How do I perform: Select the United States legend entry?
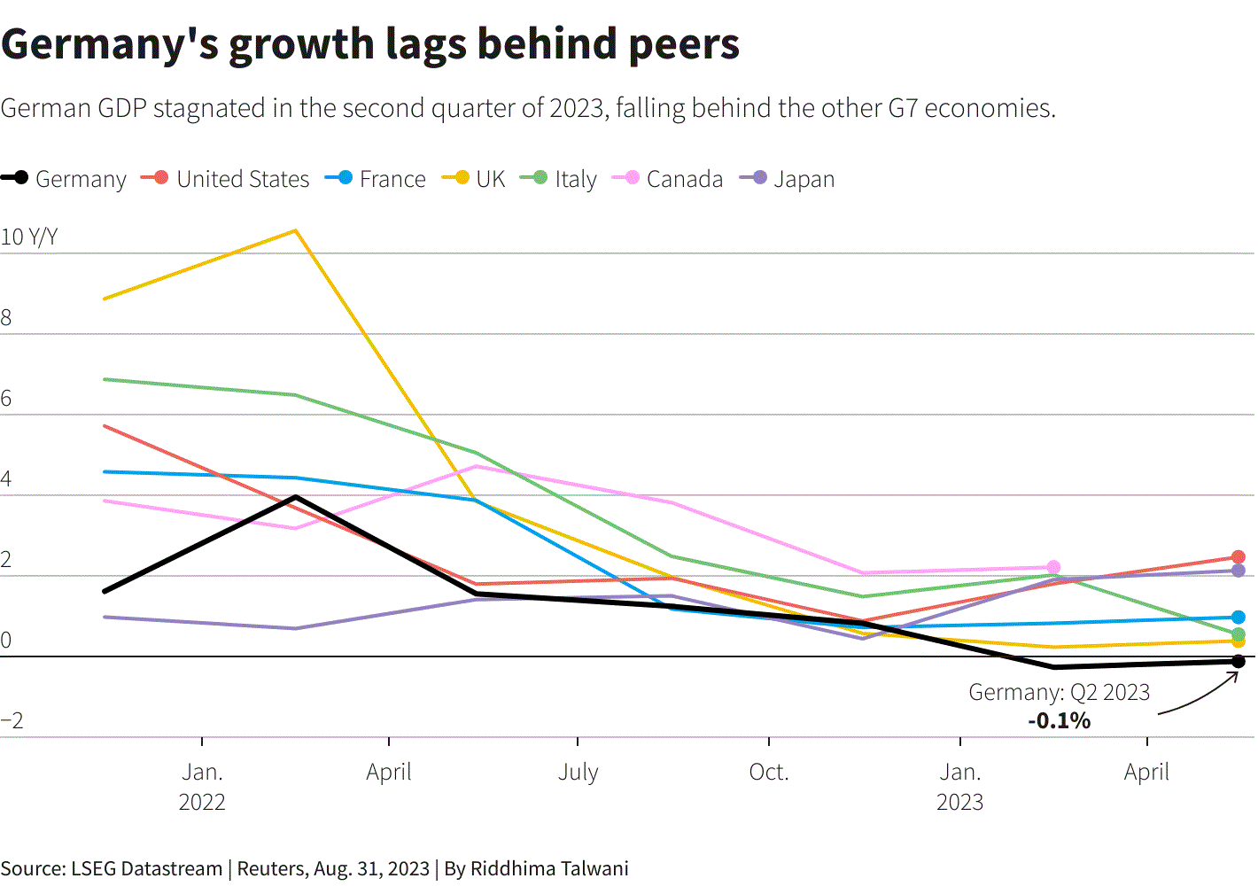click(225, 179)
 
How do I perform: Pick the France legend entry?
click(376, 179)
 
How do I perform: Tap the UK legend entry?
click(473, 179)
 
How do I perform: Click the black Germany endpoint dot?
click(1238, 661)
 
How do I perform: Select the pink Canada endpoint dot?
click(1053, 567)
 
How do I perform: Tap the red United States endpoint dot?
click(1238, 557)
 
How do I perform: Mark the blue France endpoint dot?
click(1238, 617)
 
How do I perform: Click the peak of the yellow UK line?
click(295, 231)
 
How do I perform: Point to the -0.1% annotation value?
click(1060, 720)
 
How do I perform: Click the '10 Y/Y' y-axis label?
click(29, 237)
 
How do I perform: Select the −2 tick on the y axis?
click(12, 720)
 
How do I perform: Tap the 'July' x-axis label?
click(578, 773)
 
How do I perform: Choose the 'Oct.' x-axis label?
click(768, 773)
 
